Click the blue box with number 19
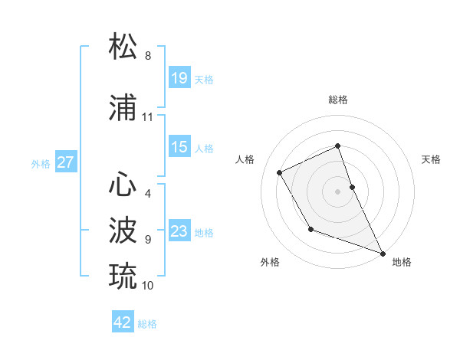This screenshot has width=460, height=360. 179,78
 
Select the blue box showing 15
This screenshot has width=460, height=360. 179,147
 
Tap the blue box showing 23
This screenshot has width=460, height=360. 179,231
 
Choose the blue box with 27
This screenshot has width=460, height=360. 66,162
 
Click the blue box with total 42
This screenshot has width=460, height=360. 123,322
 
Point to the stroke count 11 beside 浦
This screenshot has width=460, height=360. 148,117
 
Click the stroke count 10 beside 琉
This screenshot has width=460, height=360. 148,286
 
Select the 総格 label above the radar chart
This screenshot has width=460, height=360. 338,100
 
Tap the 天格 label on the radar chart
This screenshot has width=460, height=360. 431,159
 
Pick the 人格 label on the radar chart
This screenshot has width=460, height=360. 245,159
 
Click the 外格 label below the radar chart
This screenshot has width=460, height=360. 270,262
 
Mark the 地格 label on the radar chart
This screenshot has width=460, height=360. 402,262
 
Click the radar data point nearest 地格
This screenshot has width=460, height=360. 383,254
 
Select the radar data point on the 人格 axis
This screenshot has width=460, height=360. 280,172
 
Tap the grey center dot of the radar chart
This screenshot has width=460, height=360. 338,191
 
